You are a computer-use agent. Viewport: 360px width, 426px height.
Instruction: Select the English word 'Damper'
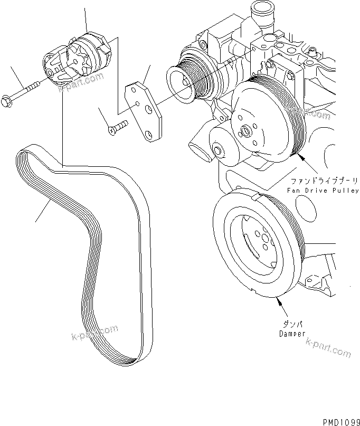292,334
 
